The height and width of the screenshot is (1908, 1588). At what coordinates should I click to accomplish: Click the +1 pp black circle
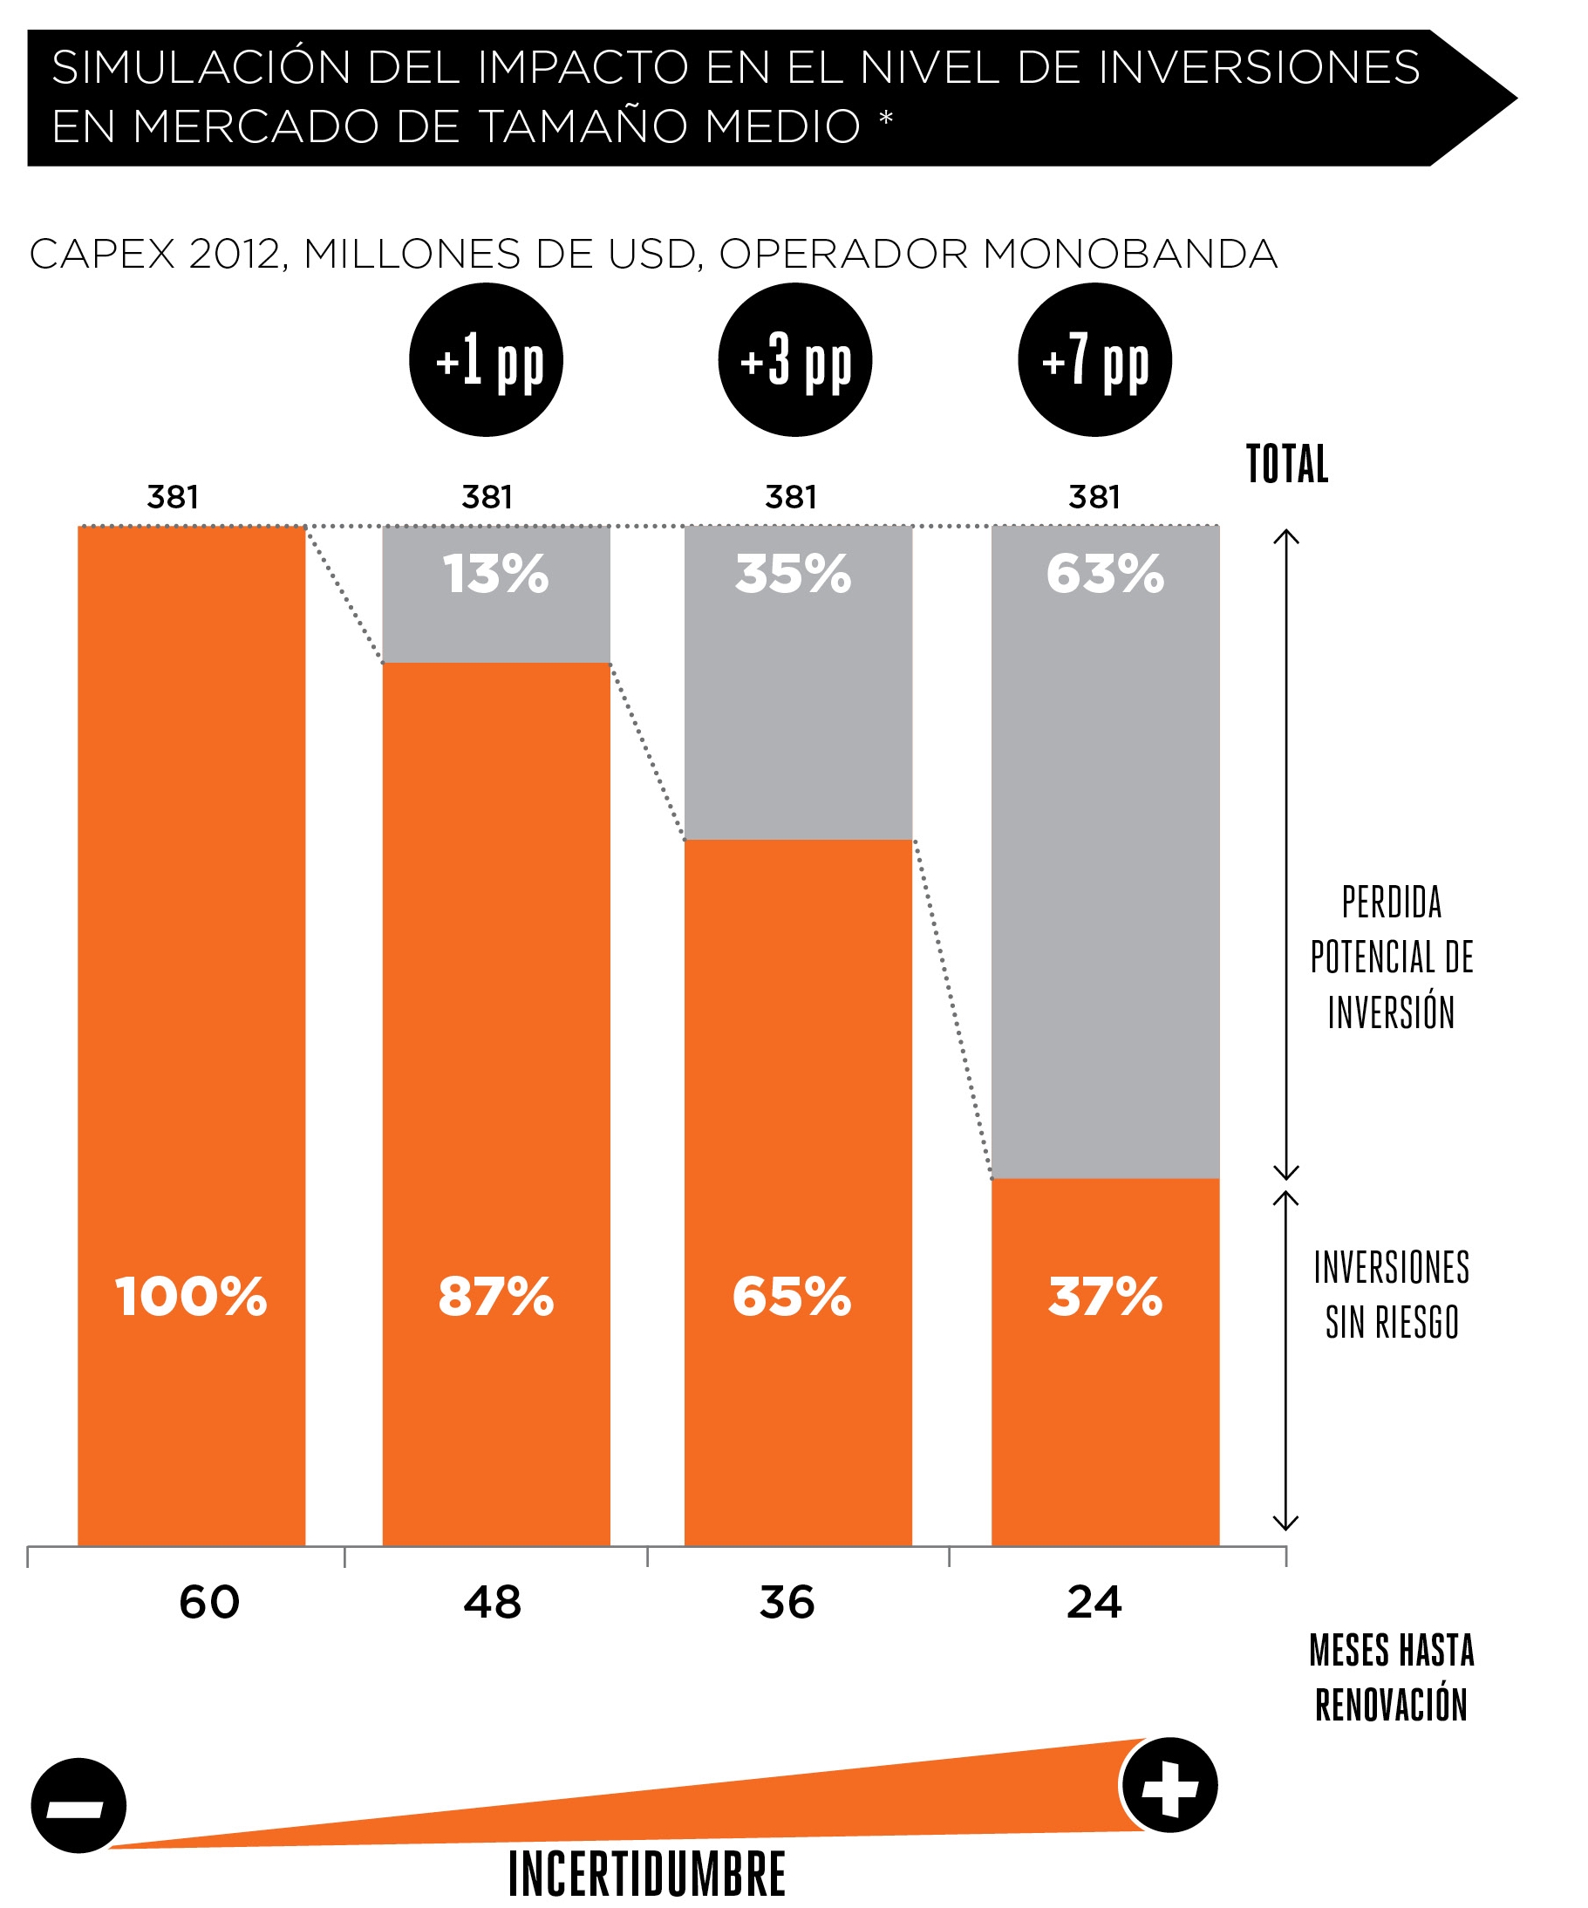point(486,360)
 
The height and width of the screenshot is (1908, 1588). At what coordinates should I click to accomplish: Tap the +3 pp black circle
point(795,360)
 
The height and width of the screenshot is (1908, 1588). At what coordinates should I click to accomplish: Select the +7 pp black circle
point(1094,360)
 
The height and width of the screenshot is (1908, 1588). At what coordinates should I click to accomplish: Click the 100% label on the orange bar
point(191,1297)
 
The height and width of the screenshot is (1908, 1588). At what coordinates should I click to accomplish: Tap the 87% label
point(496,1297)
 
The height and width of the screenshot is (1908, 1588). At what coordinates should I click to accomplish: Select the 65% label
point(792,1297)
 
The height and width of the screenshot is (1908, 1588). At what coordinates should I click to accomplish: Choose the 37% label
point(1105,1297)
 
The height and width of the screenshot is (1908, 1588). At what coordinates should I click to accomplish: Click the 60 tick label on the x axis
point(209,1602)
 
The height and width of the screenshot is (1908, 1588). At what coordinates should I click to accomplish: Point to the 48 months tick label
point(493,1602)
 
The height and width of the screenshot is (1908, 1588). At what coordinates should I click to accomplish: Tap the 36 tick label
point(787,1602)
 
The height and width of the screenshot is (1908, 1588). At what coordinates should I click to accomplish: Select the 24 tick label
point(1094,1602)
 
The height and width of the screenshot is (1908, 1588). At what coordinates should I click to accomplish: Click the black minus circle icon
point(79,1805)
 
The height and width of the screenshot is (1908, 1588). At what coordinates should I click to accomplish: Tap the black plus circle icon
point(1169,1785)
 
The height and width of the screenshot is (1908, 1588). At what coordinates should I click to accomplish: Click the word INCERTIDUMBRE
point(647,1873)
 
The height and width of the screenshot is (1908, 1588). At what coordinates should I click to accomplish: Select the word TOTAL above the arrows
point(1286,464)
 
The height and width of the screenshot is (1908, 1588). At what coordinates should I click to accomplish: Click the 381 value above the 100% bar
point(173,497)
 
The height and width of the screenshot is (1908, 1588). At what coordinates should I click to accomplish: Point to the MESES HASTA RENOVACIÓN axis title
point(1391,1677)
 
